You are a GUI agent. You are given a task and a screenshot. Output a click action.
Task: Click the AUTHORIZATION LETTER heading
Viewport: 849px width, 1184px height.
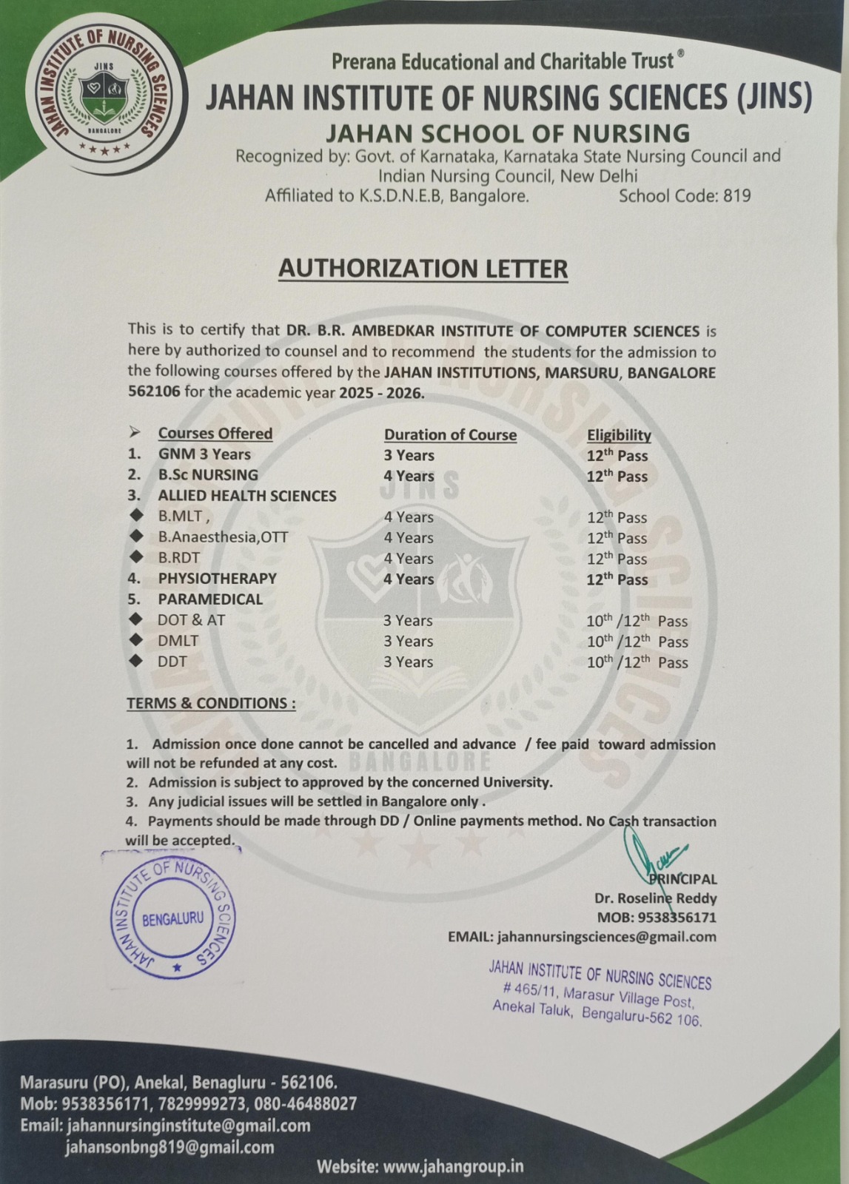point(423,268)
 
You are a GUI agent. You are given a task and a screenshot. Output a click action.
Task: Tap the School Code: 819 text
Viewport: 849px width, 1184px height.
point(684,196)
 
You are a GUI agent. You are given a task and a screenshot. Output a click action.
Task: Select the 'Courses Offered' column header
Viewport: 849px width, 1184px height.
point(215,434)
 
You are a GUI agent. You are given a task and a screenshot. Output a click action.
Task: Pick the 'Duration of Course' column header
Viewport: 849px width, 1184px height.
point(450,434)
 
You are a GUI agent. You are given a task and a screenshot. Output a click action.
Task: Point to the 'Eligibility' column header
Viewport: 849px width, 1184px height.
point(619,434)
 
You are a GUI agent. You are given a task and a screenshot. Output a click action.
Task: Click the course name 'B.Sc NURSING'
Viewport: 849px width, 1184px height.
point(208,475)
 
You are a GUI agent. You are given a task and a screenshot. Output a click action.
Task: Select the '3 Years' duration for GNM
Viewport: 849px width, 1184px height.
point(409,455)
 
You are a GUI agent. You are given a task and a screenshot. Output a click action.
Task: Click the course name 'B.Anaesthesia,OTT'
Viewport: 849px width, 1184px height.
point(223,537)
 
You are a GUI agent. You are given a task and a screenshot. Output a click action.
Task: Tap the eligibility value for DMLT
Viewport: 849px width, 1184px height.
point(637,642)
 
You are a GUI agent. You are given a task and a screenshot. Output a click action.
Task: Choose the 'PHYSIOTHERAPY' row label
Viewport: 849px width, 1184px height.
point(217,579)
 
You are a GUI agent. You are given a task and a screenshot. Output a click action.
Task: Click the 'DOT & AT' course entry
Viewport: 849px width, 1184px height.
point(191,620)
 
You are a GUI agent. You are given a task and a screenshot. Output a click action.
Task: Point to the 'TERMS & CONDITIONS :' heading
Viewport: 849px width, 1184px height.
point(211,703)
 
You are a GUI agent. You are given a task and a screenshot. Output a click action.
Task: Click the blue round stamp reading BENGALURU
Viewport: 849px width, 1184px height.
point(173,918)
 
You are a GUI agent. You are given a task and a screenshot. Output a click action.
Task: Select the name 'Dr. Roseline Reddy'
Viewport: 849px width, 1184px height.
point(655,898)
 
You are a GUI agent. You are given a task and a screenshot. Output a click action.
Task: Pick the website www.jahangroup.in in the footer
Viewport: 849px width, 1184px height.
point(454,1166)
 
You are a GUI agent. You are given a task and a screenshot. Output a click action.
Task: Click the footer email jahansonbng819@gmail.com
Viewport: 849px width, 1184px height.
point(170,1147)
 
